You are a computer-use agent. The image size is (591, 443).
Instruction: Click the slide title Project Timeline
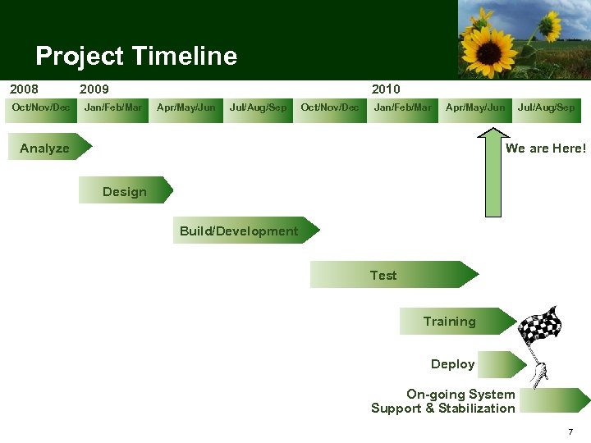coord(136,56)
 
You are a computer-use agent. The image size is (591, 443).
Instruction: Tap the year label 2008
coord(24,89)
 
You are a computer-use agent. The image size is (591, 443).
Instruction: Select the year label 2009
coord(94,89)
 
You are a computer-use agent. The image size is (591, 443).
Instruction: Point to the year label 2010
coord(386,89)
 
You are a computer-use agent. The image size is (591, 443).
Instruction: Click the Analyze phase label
coord(44,148)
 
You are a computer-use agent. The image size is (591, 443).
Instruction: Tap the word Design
coord(125,191)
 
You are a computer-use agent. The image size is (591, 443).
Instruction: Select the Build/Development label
coord(239,231)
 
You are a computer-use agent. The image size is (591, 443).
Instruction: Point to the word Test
coord(383,276)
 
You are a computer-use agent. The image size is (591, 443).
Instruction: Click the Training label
coord(449,322)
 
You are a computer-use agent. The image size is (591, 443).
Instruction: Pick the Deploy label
coord(453,364)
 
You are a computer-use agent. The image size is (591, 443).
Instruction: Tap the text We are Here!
coord(546,148)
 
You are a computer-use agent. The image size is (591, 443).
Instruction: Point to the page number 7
coord(570,432)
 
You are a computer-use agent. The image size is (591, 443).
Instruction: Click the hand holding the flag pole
coord(539,374)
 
